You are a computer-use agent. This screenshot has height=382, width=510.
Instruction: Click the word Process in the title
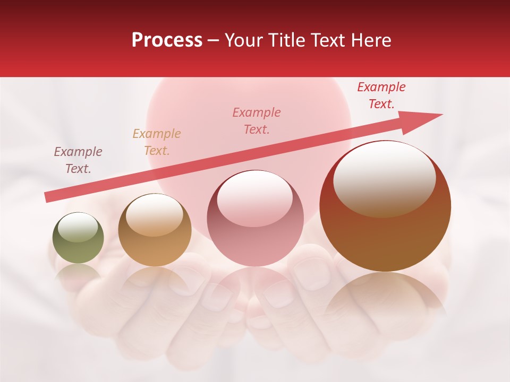coord(167,40)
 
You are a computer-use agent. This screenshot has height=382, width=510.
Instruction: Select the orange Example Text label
coord(157,142)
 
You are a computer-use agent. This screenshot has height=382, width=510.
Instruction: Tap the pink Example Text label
coord(257,120)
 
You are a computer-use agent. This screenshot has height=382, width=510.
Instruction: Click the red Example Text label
coord(381,95)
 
